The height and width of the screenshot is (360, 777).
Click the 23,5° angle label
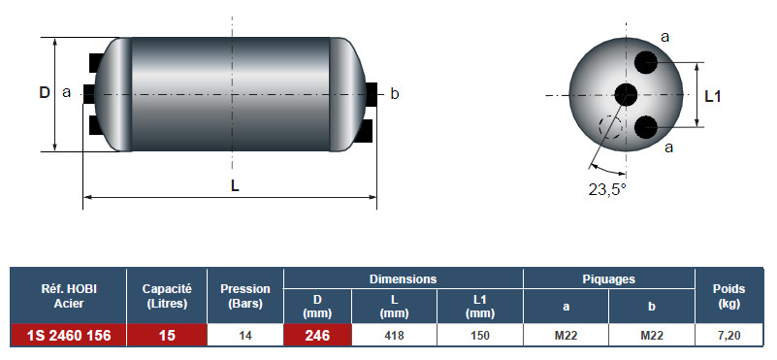tap(607, 189)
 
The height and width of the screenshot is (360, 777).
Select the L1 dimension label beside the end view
tap(713, 97)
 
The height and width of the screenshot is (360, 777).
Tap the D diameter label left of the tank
tap(45, 92)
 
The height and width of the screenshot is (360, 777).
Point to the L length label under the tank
tap(235, 186)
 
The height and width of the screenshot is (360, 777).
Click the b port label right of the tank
tap(395, 93)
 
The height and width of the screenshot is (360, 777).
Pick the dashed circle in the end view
tap(610, 127)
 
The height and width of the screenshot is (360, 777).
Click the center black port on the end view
tap(626, 94)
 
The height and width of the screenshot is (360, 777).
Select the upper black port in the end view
tap(646, 62)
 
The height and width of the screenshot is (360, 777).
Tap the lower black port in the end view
tap(646, 127)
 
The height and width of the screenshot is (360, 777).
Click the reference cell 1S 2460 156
tap(69, 335)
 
